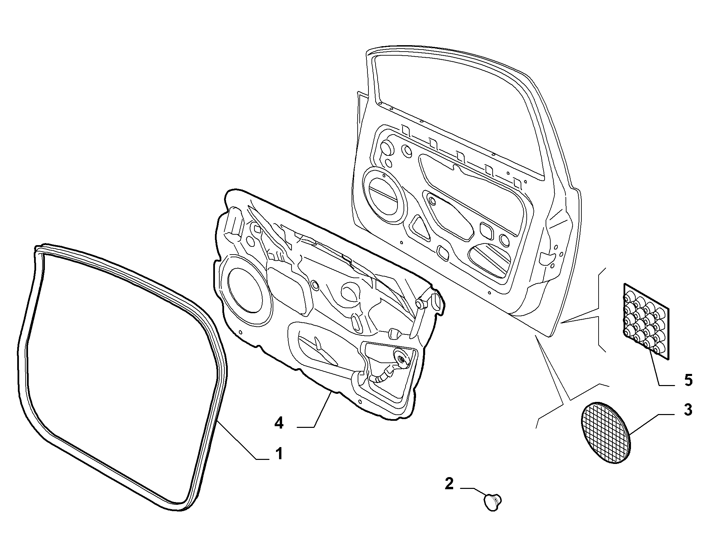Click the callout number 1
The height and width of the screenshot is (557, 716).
coord(279,454)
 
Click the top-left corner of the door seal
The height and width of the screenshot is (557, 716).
coord(36,247)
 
